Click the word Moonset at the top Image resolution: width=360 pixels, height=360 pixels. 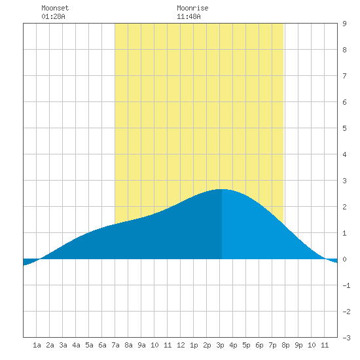[55, 9]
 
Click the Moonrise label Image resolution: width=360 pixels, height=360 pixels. [192, 9]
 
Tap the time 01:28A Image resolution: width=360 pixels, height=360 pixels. [53, 17]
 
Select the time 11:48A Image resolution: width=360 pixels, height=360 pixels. [189, 17]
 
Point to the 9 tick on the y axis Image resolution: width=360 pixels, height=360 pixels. [344, 24]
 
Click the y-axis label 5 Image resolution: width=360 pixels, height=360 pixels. [344, 128]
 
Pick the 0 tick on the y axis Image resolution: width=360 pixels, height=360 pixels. [344, 259]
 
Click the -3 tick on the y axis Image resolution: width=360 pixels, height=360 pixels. [346, 338]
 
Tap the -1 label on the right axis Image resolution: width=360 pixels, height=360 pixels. [346, 285]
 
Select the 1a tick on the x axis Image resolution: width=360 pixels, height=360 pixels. [37, 345]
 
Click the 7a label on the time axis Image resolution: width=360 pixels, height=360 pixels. [115, 345]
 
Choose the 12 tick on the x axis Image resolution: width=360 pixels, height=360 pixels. [181, 345]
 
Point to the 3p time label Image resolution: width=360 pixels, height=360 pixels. [220, 345]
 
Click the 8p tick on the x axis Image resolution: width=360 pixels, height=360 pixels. [285, 345]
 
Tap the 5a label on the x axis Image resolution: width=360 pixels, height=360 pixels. [89, 345]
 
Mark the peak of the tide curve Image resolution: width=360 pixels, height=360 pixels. [221, 189]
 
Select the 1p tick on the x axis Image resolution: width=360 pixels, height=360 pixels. [194, 345]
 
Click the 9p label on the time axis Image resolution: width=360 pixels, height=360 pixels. [298, 345]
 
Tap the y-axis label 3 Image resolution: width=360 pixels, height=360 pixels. [344, 181]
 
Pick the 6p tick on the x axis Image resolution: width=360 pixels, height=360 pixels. [259, 345]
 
